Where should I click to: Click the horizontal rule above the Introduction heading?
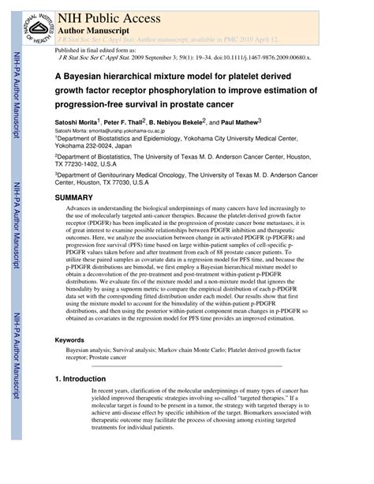point(187,366)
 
